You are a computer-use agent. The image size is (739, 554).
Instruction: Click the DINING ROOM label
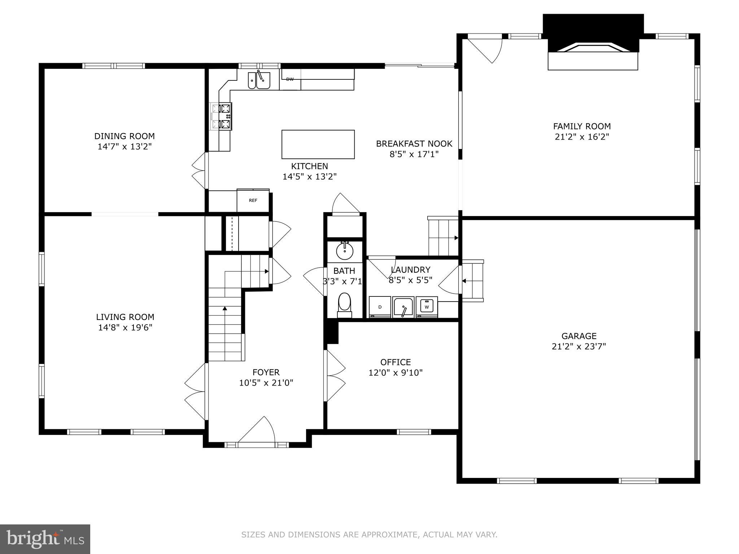click(124, 136)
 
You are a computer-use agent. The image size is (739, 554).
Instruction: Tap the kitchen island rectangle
click(318, 144)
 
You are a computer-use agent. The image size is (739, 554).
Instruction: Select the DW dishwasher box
click(290, 79)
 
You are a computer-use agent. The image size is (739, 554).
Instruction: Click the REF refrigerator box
click(253, 201)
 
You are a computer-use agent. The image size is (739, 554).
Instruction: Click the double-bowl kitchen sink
click(259, 80)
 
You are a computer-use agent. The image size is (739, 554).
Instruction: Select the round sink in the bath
click(345, 251)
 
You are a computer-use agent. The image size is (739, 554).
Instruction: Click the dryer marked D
click(380, 307)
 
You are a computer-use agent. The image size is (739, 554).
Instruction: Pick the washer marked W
click(427, 307)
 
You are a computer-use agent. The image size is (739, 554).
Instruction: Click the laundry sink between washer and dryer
click(403, 307)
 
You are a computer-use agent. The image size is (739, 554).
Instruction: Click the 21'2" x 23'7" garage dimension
click(579, 347)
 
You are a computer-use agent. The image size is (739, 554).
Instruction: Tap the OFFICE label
click(395, 362)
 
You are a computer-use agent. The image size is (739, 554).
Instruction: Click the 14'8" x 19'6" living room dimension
click(125, 327)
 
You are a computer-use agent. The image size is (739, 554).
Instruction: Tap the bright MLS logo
click(45, 539)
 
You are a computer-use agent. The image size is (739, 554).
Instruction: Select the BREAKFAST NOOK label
click(414, 144)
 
